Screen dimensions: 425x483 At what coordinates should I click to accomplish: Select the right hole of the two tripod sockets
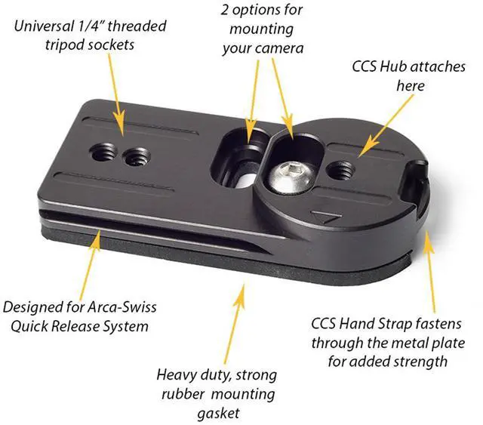136,158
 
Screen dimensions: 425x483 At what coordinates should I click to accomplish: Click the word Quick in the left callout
44,326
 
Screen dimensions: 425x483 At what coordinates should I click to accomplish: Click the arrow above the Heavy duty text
241,317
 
